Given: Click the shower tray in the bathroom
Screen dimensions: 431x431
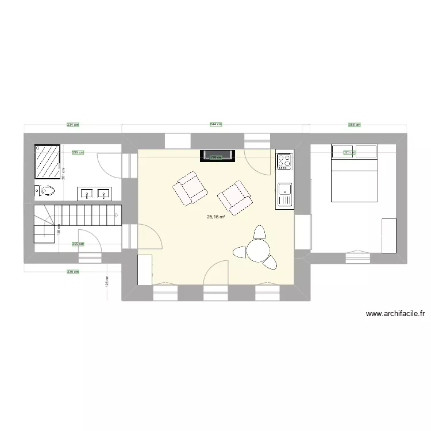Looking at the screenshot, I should tap(48, 159).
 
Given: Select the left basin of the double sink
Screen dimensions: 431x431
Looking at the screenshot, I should tap(88, 193).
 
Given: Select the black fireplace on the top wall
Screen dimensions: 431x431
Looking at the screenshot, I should tap(217, 155).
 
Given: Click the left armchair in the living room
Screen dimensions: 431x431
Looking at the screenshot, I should tap(189, 188).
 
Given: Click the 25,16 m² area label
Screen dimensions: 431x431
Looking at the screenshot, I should tap(215, 217).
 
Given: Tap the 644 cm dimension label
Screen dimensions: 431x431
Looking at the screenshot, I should tap(215, 124).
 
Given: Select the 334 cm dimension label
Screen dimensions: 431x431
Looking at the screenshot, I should tap(72, 124).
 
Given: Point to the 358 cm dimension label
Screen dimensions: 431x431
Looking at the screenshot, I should tap(355, 124).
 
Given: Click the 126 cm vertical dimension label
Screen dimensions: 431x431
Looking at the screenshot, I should tap(107, 281).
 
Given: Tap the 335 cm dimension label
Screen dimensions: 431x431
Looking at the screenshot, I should tap(72, 272).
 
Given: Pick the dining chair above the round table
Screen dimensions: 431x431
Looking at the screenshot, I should tap(260, 233).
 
